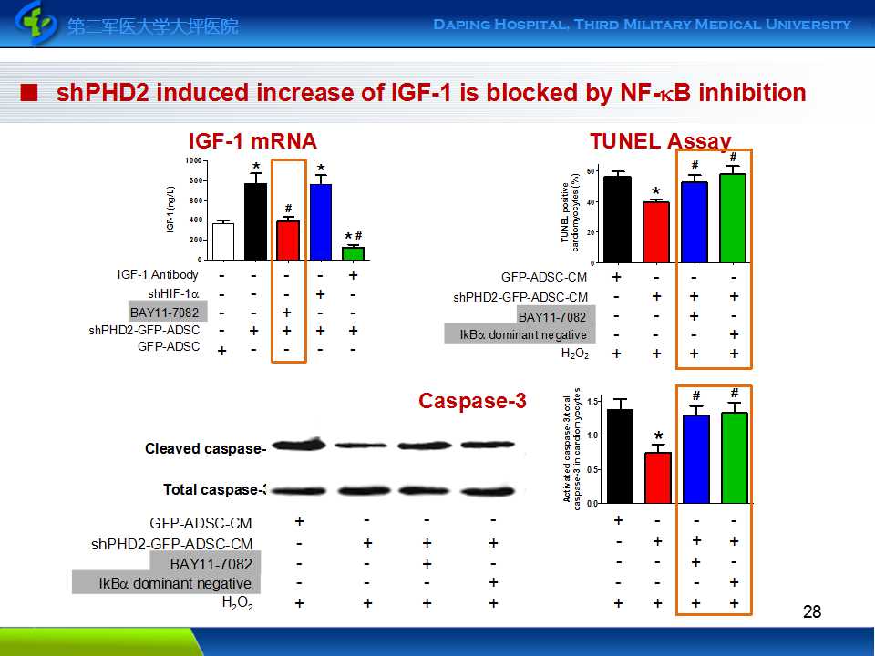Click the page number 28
[812, 611]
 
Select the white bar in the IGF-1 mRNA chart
[223, 241]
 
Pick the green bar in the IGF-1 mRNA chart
[353, 253]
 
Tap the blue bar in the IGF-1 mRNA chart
[320, 222]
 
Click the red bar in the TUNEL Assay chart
[656, 232]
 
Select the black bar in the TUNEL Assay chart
[618, 220]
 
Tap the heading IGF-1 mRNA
[252, 141]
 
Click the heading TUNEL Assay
[660, 141]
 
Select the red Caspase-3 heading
[472, 401]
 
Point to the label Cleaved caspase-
[205, 448]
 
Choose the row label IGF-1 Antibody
[158, 275]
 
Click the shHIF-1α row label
[174, 293]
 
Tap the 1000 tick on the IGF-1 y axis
[193, 160]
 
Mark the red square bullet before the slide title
[31, 93]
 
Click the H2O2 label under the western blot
[236, 603]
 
